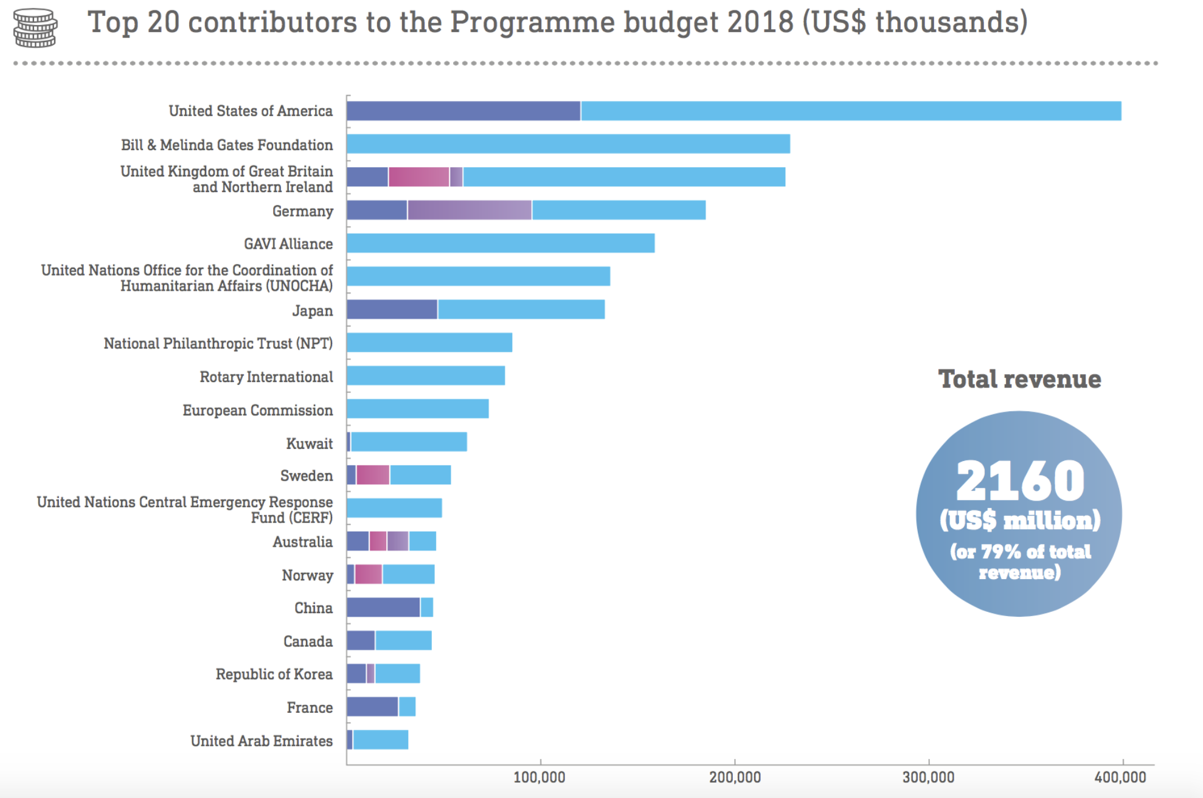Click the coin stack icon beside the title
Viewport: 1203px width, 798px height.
pos(35,27)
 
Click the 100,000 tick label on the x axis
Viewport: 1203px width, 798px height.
pos(539,777)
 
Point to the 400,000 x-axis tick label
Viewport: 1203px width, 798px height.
pos(1120,777)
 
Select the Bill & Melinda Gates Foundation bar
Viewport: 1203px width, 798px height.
pos(568,144)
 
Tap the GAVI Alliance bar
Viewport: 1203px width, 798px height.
pos(501,243)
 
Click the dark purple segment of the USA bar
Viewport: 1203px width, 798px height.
pos(463,111)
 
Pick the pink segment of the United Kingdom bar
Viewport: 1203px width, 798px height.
pos(418,177)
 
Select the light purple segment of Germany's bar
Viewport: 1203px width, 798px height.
pos(470,210)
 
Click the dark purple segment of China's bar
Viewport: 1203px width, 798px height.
pos(383,608)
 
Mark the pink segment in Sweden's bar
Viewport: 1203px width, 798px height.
pos(373,475)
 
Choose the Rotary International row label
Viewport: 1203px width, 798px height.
pos(266,377)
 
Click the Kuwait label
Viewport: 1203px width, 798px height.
pos(310,444)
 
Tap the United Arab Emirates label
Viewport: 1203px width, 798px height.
pos(262,741)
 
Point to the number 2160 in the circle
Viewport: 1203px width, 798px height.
pos(1020,481)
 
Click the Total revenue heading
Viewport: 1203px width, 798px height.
pos(1019,379)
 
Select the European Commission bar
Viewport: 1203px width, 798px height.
pos(418,409)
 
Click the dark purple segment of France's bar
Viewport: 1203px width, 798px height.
pos(372,707)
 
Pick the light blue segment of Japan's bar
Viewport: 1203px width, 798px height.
pos(521,310)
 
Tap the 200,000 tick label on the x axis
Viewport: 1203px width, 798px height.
pos(735,777)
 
